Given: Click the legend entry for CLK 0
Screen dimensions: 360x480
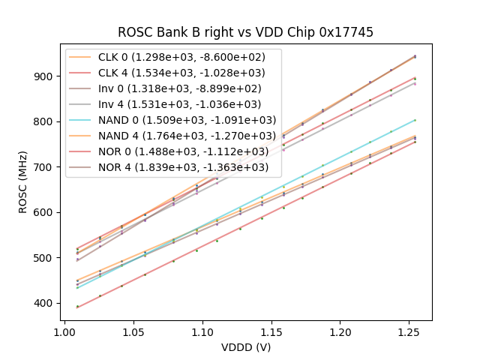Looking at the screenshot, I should coord(173,58).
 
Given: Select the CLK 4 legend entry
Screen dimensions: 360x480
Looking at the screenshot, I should coord(173,73).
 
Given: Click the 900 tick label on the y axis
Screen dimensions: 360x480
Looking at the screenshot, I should coord(46,76).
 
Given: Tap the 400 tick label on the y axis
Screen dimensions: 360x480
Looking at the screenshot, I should coord(46,303).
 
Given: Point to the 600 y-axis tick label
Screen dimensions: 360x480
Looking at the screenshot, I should coord(46,212).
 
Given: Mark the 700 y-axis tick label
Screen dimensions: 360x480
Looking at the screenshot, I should coord(46,167).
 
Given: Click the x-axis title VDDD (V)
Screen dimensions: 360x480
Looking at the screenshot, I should coord(246,346).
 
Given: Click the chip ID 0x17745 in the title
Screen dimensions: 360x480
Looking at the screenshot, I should coord(346,32).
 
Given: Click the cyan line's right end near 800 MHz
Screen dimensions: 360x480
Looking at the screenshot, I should coord(415,120).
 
